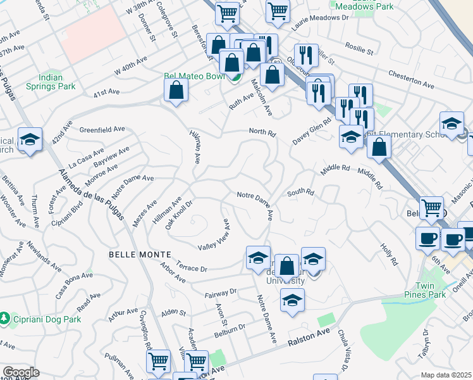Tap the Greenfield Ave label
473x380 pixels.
click(x=102, y=129)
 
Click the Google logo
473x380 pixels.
click(x=21, y=372)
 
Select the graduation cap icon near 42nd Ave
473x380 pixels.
click(x=30, y=140)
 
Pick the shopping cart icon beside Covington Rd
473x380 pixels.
click(x=158, y=362)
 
